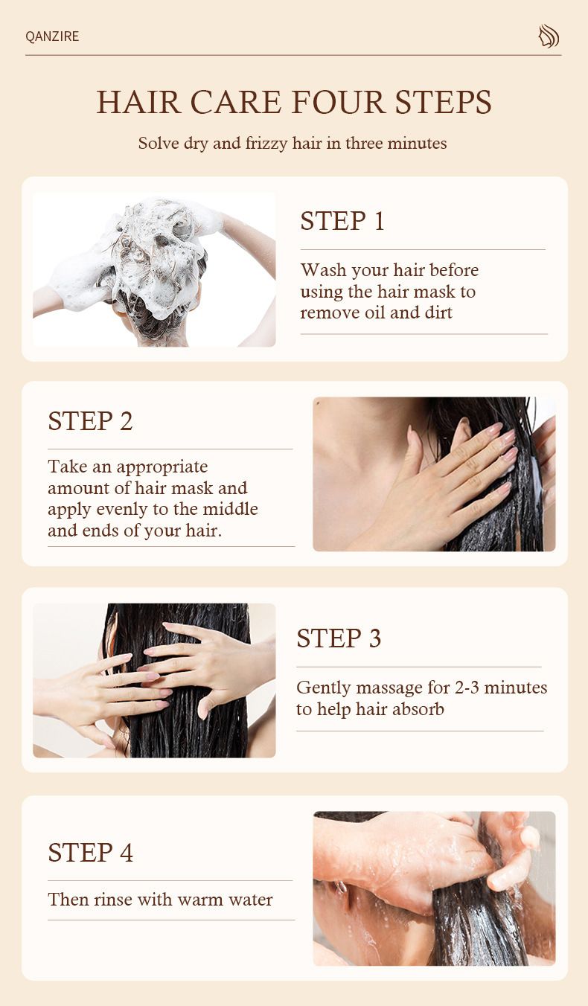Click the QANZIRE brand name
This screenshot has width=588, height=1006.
tap(52, 36)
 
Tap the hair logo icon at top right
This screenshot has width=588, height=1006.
tap(549, 36)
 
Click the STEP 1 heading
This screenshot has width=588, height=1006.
tap(342, 221)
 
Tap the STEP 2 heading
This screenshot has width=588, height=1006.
tap(90, 421)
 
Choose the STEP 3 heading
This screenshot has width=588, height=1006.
tap(339, 638)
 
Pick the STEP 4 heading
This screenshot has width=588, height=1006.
tap(90, 853)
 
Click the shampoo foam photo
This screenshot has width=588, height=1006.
tap(154, 269)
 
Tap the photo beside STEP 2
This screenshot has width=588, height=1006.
tap(434, 474)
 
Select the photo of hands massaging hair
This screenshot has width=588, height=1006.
tap(154, 680)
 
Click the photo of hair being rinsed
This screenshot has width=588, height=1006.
tap(434, 888)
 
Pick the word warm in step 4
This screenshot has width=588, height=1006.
tap(196, 900)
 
